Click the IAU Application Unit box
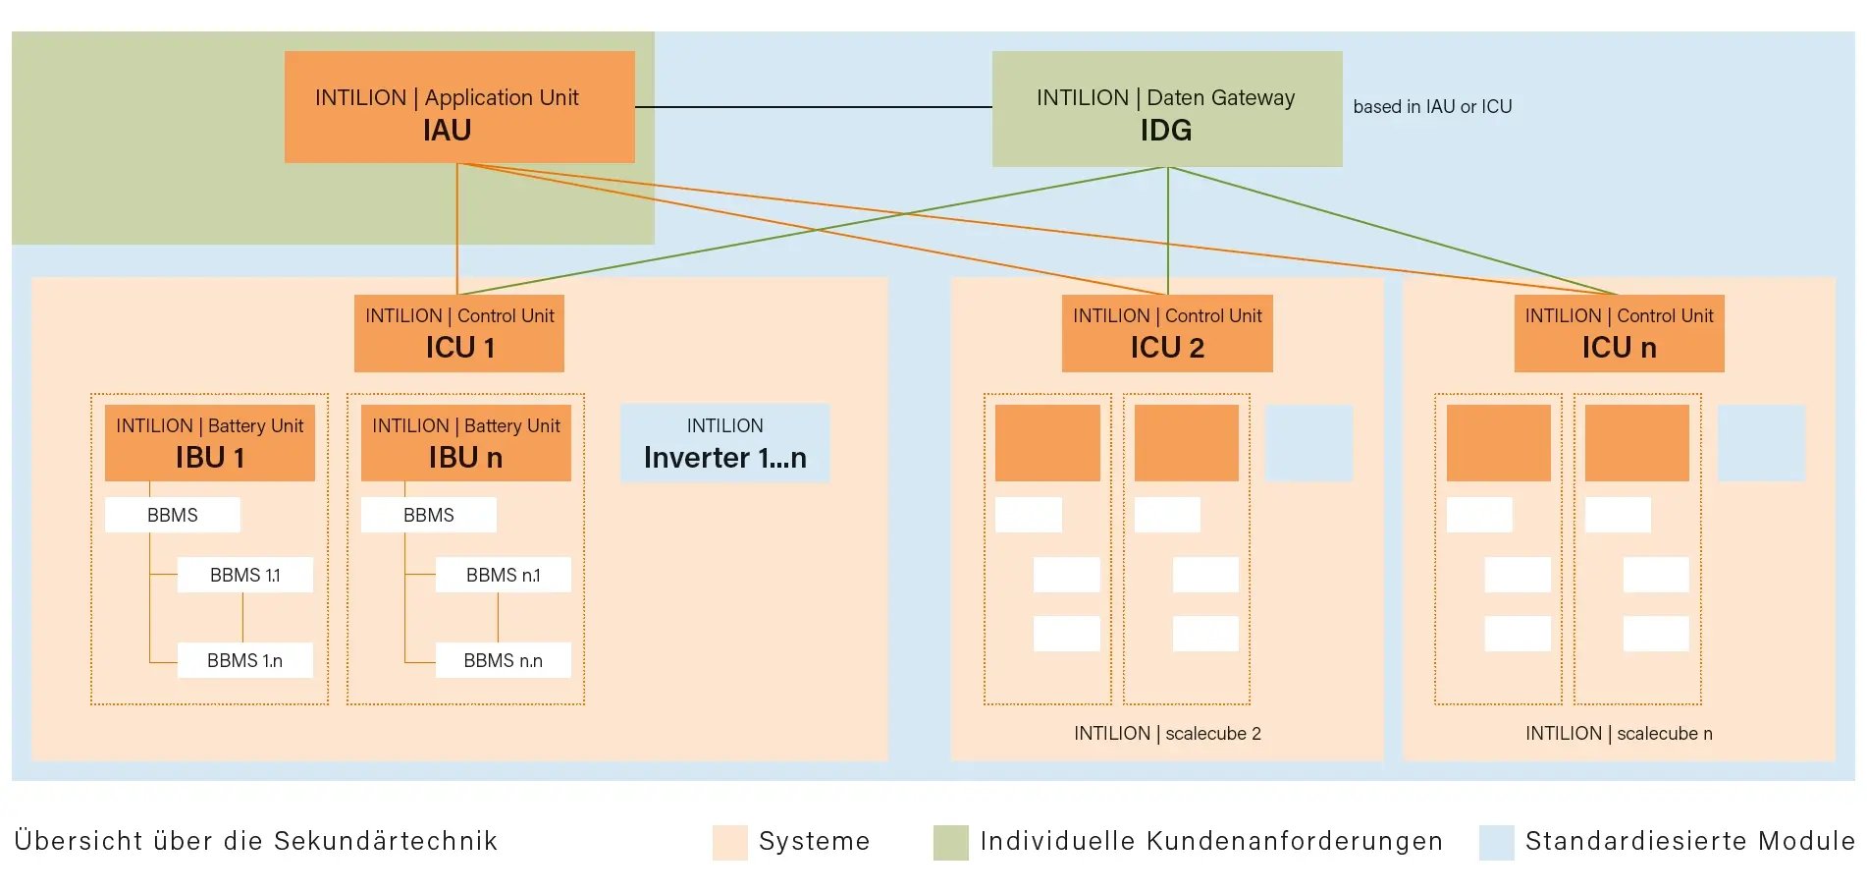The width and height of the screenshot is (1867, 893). pyautogui.click(x=459, y=107)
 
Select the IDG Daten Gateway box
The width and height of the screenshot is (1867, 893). pyautogui.click(x=1166, y=109)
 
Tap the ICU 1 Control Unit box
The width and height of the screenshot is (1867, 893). pyautogui.click(x=459, y=333)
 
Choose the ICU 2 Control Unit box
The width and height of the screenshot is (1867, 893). pyautogui.click(x=1167, y=333)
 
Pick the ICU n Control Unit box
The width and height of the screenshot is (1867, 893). pyautogui.click(x=1619, y=333)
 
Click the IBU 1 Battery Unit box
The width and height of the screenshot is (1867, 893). pyautogui.click(x=210, y=443)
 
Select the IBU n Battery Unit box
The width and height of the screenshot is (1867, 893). pyautogui.click(x=466, y=443)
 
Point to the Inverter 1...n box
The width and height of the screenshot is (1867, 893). pyautogui.click(x=724, y=443)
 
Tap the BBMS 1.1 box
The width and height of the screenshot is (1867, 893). pyautogui.click(x=245, y=575)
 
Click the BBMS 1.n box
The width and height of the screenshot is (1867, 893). pyautogui.click(x=245, y=660)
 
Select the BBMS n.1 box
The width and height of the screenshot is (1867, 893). pyautogui.click(x=503, y=575)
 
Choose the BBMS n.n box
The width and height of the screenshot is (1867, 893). pyautogui.click(x=503, y=660)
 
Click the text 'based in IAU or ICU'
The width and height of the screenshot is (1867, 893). pyautogui.click(x=1432, y=107)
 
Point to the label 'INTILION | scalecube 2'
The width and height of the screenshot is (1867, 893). pyautogui.click(x=1167, y=734)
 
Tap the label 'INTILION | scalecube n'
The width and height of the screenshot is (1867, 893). pyautogui.click(x=1619, y=734)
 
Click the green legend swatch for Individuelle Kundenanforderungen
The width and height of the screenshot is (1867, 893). pyautogui.click(x=950, y=842)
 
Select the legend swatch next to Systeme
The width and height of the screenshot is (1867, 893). pyautogui.click(x=729, y=842)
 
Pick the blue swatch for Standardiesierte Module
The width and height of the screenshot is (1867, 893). pyautogui.click(x=1496, y=842)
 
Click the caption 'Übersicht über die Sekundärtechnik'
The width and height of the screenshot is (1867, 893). pyautogui.click(x=256, y=841)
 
